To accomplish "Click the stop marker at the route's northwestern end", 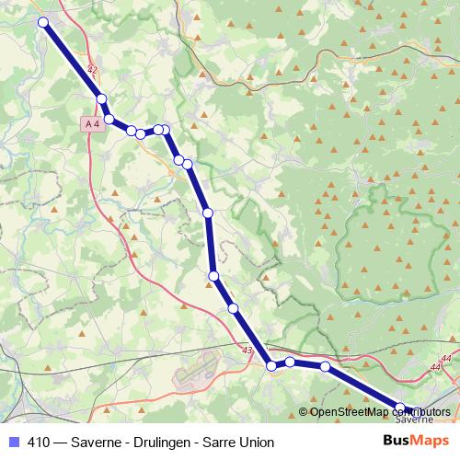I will (x=43, y=21).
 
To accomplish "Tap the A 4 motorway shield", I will (x=90, y=122).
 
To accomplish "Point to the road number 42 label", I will (x=91, y=69).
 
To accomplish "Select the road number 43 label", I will (x=247, y=350).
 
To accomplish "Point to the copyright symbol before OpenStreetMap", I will (x=304, y=412).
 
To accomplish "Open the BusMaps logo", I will (x=416, y=441).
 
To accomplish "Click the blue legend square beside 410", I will (x=13, y=442).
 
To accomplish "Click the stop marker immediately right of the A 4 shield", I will (x=109, y=119).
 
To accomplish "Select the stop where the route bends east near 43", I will (x=271, y=366).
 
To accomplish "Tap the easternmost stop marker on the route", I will (x=410, y=408).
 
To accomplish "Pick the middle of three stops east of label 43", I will (x=290, y=362).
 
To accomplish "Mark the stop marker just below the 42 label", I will (x=101, y=99).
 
